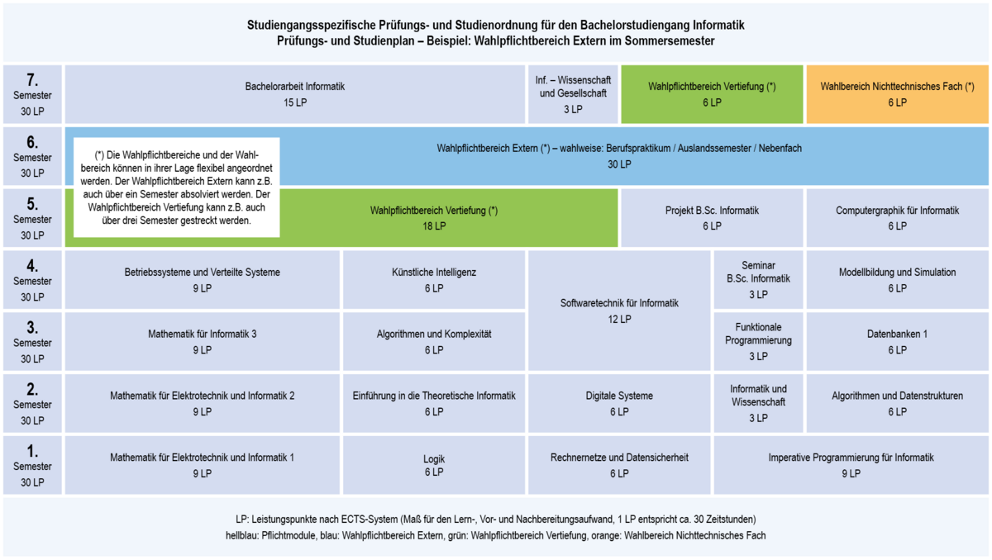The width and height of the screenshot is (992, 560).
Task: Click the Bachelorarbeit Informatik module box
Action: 295,94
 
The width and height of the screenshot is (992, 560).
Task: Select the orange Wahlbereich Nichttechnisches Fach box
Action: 897,94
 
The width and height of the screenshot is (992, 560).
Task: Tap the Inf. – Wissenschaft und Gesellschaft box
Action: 573,94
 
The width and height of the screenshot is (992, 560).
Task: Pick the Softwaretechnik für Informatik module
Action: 619,311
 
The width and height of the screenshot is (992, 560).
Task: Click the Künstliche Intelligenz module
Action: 434,279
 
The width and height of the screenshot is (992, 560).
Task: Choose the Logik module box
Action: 434,465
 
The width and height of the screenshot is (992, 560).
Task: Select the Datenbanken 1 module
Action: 897,341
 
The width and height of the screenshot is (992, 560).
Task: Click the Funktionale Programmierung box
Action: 758,341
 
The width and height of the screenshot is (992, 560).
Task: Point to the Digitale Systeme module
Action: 619,403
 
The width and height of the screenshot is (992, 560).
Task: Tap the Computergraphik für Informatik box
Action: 897,217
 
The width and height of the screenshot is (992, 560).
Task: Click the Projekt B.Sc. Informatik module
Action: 712,217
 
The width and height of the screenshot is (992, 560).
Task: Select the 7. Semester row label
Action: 32,94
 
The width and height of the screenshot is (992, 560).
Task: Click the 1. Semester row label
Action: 32,465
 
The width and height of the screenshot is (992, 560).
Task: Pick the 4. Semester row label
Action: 32,279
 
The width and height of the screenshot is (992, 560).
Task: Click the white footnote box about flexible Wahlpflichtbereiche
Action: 176,187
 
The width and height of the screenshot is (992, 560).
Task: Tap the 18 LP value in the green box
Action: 434,226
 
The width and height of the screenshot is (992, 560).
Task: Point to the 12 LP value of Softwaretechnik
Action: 619,319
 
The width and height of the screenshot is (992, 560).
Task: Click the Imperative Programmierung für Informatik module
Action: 851,465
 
